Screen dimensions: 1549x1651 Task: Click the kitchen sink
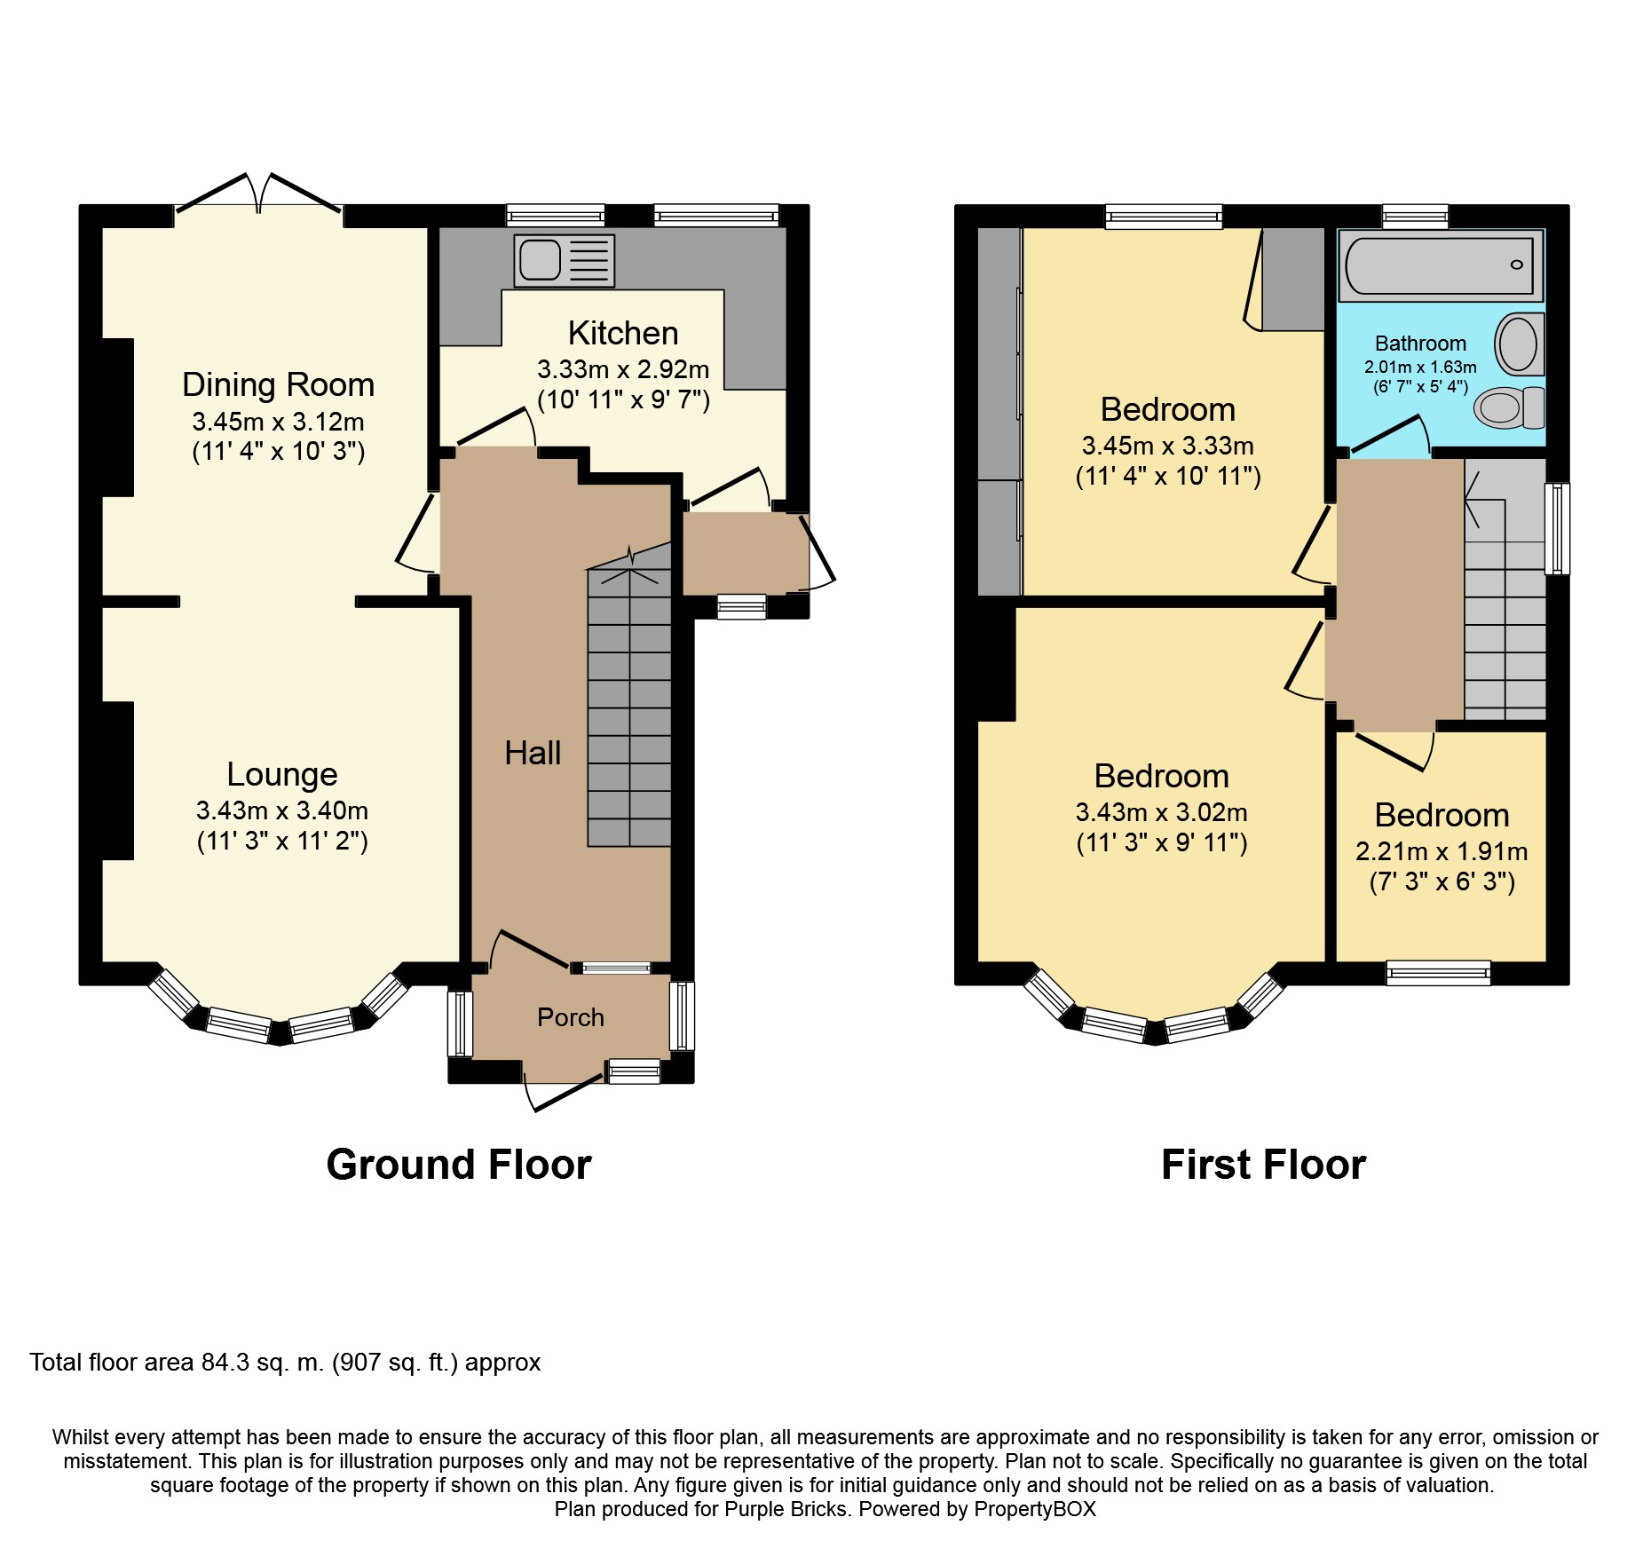[x=563, y=261]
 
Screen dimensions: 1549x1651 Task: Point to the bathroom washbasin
[x=1519, y=344]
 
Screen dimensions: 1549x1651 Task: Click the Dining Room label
[x=278, y=384]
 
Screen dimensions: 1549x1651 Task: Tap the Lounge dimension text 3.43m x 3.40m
[x=282, y=810]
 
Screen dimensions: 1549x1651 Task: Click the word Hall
[x=533, y=753]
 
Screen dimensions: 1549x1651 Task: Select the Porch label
[x=570, y=1017]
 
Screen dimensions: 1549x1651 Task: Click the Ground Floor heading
[x=458, y=1164]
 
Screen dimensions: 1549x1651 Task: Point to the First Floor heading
[x=1262, y=1164]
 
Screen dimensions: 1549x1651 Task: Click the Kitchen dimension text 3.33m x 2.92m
[x=623, y=369]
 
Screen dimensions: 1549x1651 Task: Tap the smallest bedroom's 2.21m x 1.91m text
[x=1442, y=851]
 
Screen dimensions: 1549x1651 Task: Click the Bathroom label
[x=1420, y=344]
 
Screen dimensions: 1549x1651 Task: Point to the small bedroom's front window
[x=1438, y=973]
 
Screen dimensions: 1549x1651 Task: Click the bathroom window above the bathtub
[x=1415, y=216]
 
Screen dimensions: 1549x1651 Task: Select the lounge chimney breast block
[x=117, y=780]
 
